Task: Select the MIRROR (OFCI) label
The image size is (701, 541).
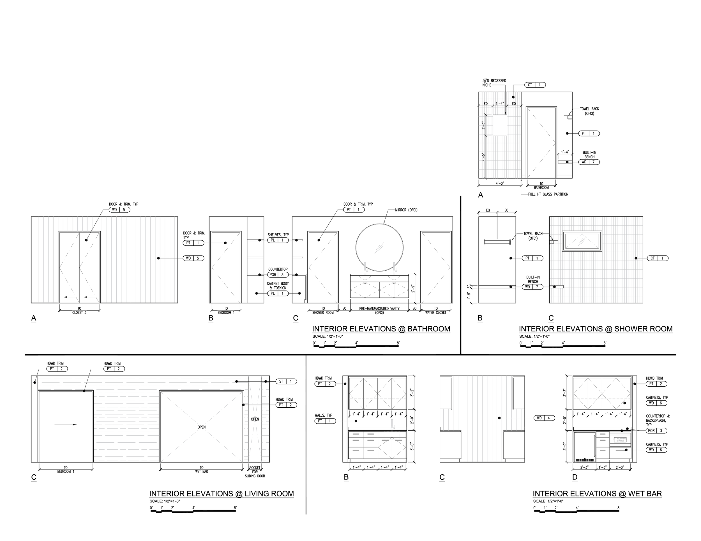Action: tap(406, 210)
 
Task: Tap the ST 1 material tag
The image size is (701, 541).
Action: tap(286, 381)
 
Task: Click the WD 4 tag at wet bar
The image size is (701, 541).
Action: tap(544, 418)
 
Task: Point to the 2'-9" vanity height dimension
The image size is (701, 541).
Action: tap(413, 288)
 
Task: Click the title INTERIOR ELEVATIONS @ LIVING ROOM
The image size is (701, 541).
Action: tap(222, 494)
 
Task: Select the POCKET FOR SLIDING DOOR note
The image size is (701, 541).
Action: tap(255, 472)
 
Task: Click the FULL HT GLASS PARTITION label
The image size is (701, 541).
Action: tap(548, 194)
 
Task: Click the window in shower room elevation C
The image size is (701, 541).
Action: tap(582, 241)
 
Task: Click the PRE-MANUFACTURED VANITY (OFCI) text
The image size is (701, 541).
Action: tap(379, 310)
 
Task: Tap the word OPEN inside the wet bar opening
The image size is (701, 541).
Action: tap(202, 427)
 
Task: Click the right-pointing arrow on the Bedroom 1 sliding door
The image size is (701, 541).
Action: tap(66, 424)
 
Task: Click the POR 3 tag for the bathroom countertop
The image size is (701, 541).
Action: tap(278, 275)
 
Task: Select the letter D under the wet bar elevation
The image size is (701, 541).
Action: tap(575, 477)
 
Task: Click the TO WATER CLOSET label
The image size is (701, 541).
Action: tap(435, 310)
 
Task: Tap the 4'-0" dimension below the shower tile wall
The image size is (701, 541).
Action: tap(500, 184)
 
